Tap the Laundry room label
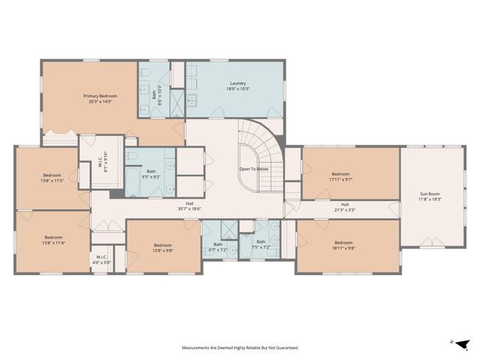(238, 83)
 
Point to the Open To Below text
(254, 169)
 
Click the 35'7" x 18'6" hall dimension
(190, 208)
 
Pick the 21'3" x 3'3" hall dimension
(345, 210)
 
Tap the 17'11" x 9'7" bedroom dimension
(340, 179)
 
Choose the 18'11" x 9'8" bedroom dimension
(343, 248)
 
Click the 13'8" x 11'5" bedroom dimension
(52, 181)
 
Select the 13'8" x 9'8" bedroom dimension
(163, 250)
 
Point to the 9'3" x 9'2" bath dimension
(151, 176)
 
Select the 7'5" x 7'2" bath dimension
(260, 247)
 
